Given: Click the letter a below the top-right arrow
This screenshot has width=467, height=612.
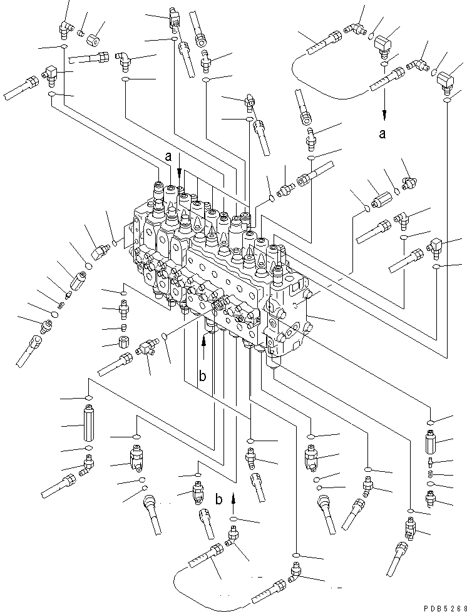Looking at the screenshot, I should click(383, 133).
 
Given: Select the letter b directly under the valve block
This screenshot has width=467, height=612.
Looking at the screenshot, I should click(202, 375).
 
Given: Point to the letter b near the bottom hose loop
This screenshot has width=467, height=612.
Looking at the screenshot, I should click(218, 500).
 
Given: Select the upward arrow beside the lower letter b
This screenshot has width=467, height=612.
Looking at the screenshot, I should click(233, 499).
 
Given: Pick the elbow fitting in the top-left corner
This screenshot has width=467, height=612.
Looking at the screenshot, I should click(63, 28).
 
